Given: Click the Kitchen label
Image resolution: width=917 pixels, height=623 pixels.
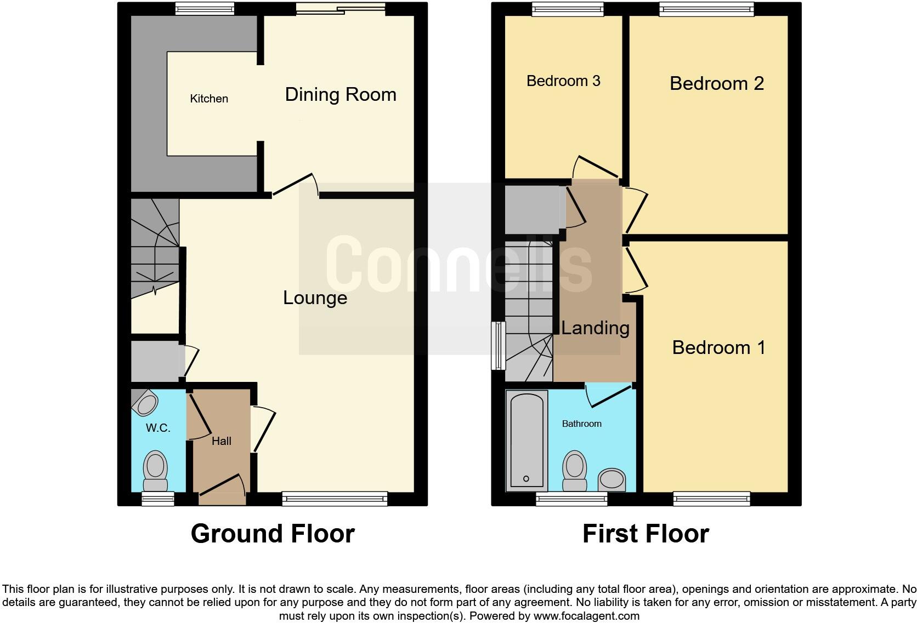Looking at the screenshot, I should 209,99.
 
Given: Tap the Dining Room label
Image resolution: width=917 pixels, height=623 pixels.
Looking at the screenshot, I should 341,94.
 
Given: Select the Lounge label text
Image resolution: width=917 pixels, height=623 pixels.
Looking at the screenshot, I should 315,298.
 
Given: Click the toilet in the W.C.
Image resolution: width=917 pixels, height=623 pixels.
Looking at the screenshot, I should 155,471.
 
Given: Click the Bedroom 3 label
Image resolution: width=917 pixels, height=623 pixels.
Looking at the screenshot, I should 563,81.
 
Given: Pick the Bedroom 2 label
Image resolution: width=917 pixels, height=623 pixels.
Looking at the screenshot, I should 716,83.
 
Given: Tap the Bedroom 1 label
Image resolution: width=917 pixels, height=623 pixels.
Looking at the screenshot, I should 718,347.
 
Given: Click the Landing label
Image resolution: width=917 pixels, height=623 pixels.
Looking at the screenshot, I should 595,328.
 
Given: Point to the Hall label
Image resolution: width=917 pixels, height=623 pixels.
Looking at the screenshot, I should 222,441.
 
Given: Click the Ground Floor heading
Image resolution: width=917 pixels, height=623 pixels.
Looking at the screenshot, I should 273,533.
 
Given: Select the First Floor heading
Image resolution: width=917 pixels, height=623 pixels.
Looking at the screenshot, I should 646,533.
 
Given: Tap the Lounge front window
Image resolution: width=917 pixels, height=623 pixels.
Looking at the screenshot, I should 335,498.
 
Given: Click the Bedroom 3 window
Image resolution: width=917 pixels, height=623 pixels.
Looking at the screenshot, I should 568,8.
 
